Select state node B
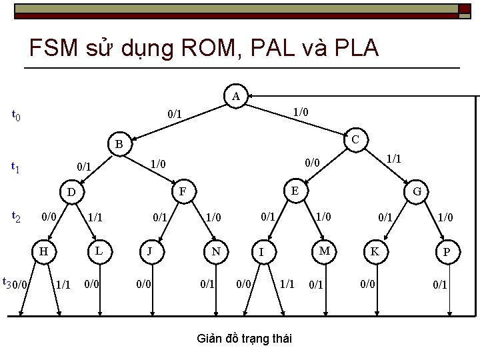[118, 143]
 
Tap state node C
[355, 139]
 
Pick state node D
[71, 193]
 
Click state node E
[293, 189]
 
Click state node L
[98, 250]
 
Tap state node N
[215, 251]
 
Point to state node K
[375, 251]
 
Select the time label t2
[16, 216]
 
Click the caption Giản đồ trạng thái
[245, 339]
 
